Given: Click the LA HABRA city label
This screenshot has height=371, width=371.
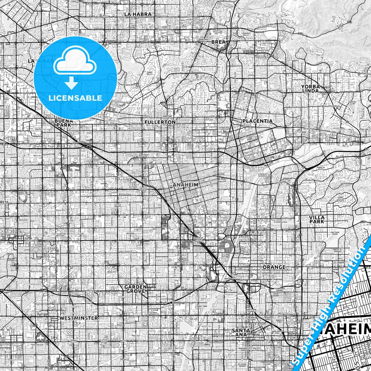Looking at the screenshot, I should (138, 14).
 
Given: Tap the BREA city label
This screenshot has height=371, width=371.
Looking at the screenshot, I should (218, 42).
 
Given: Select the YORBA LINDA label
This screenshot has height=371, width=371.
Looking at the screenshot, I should (311, 89).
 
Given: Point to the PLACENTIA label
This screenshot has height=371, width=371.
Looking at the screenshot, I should (258, 121).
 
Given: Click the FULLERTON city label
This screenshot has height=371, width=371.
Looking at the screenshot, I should (160, 122).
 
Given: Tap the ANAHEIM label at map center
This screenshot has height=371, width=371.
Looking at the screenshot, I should (185, 185).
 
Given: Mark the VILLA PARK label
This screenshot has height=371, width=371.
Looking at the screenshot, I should (317, 219).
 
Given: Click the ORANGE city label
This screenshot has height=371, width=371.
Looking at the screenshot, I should (274, 267).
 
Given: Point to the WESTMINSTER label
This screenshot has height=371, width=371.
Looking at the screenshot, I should (79, 318).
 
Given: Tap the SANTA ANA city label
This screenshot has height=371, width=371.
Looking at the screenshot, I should (241, 332).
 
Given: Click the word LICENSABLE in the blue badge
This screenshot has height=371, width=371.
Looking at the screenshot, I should (76, 98).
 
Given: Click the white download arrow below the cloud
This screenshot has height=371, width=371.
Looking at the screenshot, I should (72, 83).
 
